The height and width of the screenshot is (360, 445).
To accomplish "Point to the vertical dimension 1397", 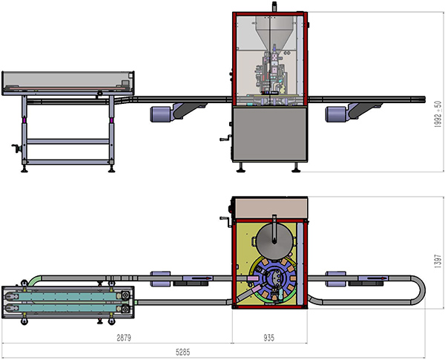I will click(438, 260).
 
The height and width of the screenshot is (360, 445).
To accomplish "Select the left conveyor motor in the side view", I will click(162, 114).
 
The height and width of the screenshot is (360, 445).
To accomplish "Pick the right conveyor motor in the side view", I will click(337, 114).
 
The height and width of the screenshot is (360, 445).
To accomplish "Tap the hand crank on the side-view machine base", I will click(225, 139).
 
